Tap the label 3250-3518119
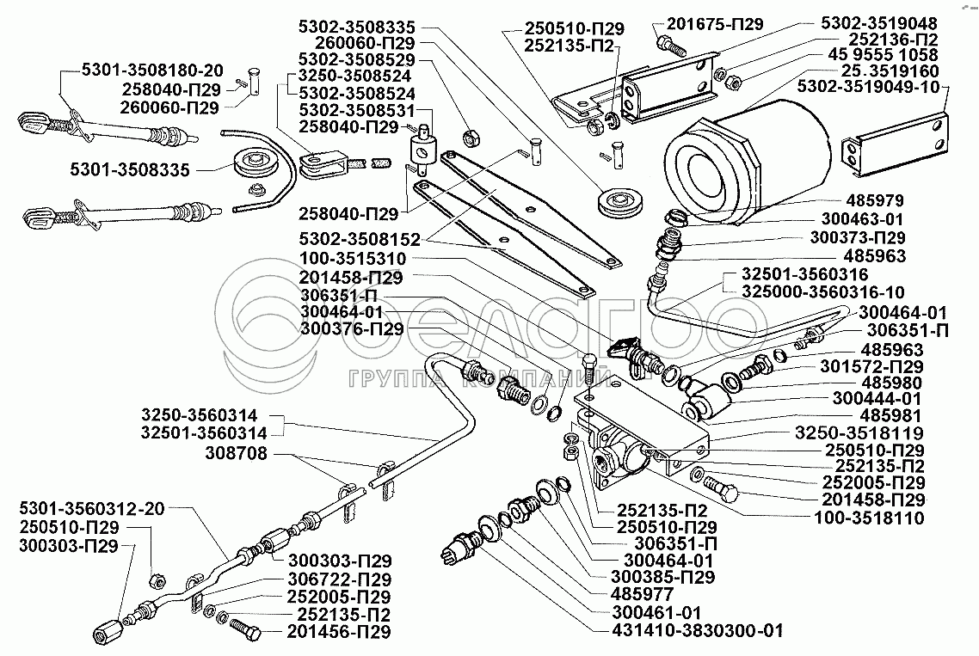tap(859, 432)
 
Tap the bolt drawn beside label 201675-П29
tap(668, 40)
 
